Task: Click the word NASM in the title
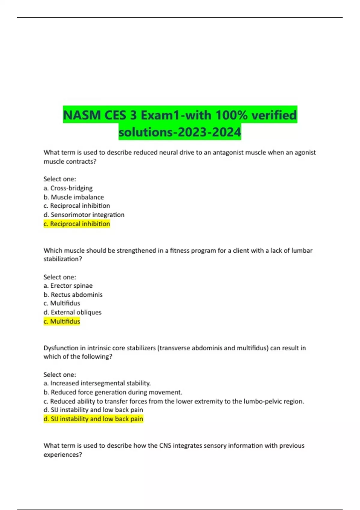(82, 115)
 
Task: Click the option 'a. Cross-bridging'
(68, 188)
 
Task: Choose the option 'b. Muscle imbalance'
(74, 197)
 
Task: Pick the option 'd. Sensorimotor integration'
(84, 215)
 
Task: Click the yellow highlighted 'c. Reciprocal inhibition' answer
(77, 224)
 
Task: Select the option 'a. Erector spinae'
(68, 286)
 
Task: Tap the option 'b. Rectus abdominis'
(73, 295)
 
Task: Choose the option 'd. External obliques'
(73, 312)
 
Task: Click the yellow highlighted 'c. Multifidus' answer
(62, 321)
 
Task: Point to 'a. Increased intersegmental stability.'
(97, 383)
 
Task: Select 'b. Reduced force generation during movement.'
(113, 392)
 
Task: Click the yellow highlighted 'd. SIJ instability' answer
(93, 419)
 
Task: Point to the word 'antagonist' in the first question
(228, 152)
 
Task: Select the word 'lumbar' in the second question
(302, 250)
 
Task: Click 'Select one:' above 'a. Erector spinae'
(60, 277)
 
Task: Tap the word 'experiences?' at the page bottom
(63, 454)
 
